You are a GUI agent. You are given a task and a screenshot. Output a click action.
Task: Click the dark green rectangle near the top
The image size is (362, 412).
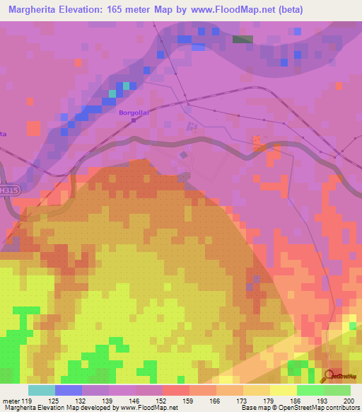click(243, 40)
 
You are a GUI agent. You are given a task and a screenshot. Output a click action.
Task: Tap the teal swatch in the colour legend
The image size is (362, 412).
click(41, 390)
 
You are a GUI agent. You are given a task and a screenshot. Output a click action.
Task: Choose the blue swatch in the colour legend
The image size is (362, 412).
click(68, 390)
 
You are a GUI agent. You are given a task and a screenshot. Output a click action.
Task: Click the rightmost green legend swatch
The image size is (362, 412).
click(337, 390)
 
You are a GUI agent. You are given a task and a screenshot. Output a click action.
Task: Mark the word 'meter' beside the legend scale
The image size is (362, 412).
click(11, 401)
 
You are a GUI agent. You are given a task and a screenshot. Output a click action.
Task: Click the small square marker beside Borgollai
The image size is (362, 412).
click(133, 120)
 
